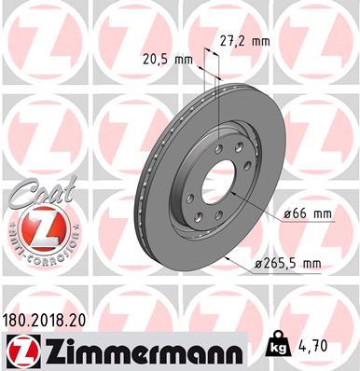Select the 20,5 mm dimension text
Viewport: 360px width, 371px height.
[x=170, y=59]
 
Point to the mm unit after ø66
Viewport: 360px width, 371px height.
[x=322, y=213]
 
